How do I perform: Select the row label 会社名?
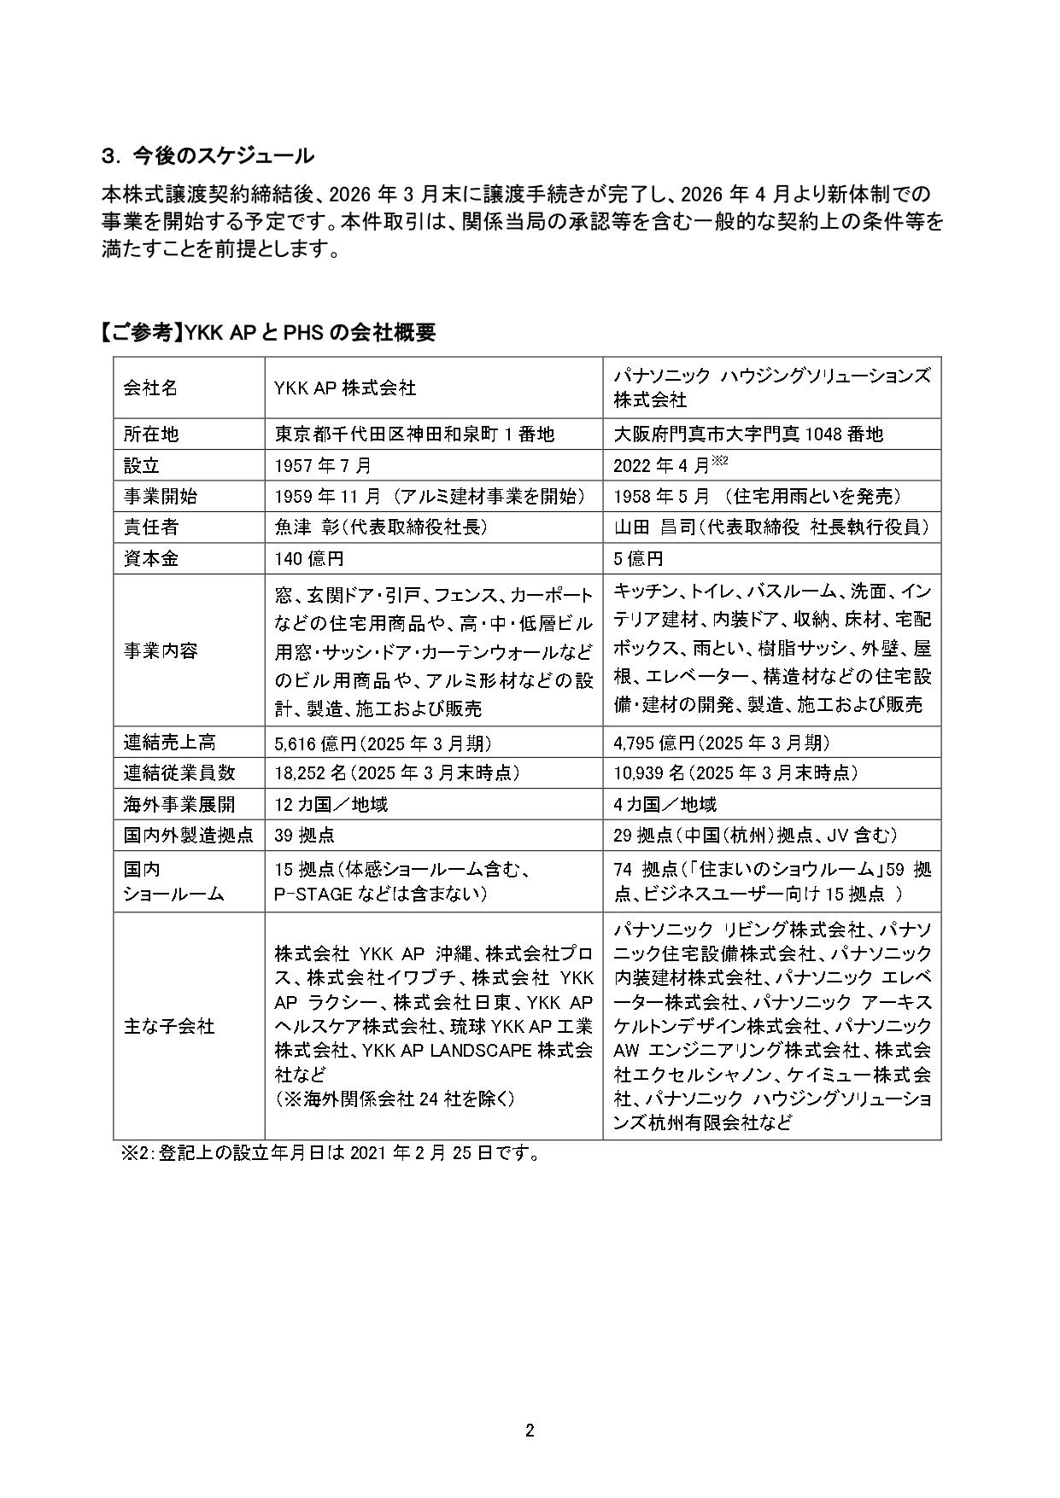pos(150,388)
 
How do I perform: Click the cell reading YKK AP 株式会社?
pos(345,388)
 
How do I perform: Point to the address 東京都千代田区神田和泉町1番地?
pos(414,434)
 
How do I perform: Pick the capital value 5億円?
pos(638,558)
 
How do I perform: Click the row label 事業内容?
pos(161,650)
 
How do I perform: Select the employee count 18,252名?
pos(310,772)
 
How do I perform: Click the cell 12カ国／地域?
pos(331,804)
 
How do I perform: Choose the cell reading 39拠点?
pos(304,835)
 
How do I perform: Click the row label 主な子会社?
pos(169,1026)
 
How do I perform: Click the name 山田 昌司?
pos(647,528)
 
